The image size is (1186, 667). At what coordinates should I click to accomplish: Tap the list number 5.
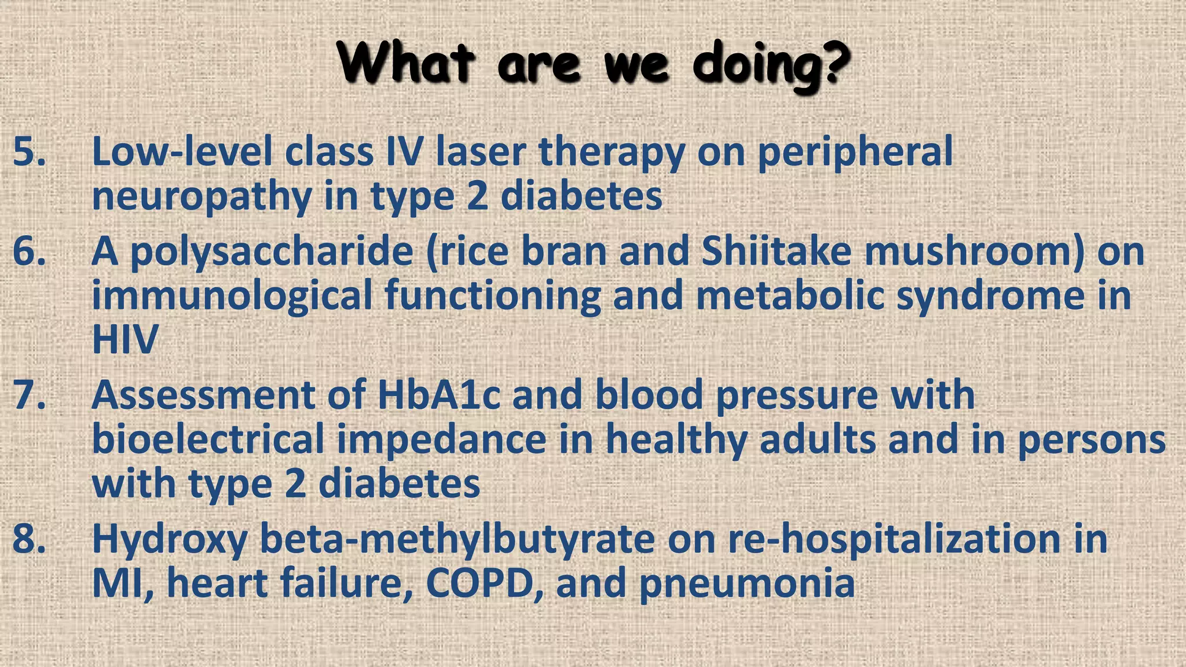point(29,152)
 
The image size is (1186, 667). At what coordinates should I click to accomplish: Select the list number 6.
point(29,252)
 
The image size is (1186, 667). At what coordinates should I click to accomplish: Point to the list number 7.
point(29,395)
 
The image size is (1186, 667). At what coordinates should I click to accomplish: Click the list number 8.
point(29,538)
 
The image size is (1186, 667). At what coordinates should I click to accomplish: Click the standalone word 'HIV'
point(125,340)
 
